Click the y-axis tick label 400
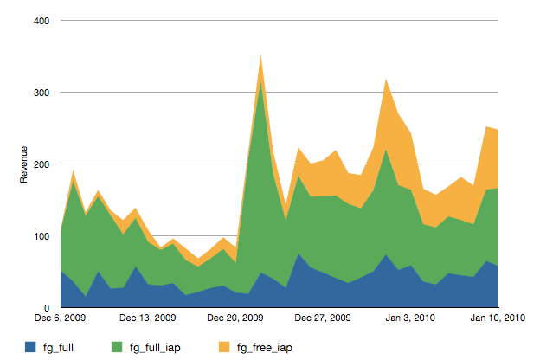click(42, 21)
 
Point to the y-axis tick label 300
click(42, 93)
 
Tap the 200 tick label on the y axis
click(42, 164)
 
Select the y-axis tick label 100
click(42, 236)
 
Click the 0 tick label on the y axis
click(47, 308)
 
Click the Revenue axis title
click(23, 164)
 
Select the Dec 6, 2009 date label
click(61, 318)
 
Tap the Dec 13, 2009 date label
click(148, 318)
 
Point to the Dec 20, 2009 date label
click(235, 318)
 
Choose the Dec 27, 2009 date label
click(323, 318)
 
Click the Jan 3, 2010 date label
click(410, 318)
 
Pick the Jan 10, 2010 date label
click(498, 318)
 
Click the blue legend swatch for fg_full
click(30, 347)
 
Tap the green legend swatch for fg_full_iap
click(117, 347)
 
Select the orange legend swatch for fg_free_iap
click(224, 347)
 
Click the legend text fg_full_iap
click(155, 348)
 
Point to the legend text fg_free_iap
click(265, 348)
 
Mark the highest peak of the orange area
click(260, 55)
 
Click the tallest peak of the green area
click(260, 81)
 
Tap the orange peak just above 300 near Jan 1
click(386, 80)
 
